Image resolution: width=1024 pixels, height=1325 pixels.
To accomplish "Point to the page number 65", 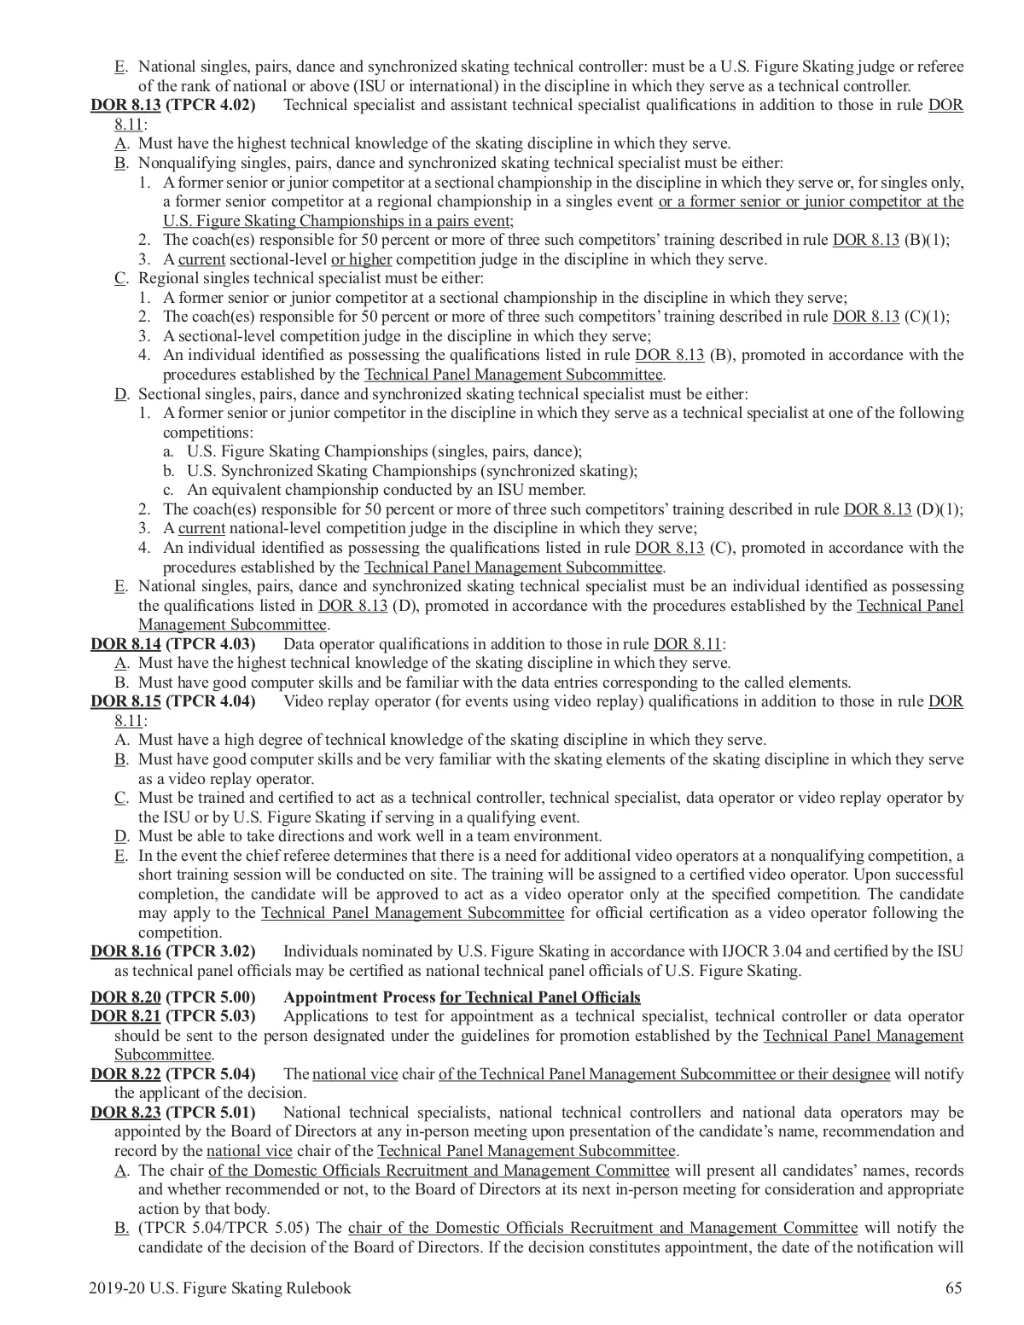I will pyautogui.click(x=954, y=1288).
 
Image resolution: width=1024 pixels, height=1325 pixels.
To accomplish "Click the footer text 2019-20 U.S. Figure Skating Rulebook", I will pyautogui.click(x=219, y=1288).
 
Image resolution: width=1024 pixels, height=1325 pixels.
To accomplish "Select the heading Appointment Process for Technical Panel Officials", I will pyautogui.click(x=462, y=997).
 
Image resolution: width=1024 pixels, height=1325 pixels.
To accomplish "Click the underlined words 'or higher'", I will pyautogui.click(x=362, y=259).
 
